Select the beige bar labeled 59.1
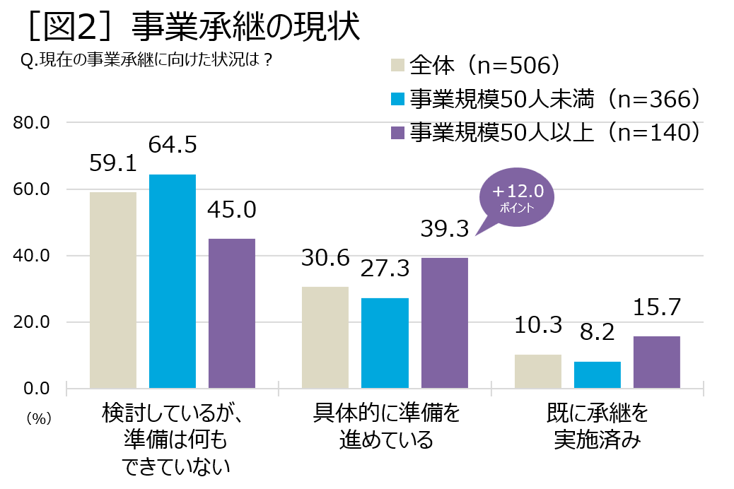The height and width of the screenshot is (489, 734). click(x=113, y=290)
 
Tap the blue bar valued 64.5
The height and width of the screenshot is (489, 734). click(x=173, y=281)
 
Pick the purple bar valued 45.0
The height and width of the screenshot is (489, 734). click(x=232, y=313)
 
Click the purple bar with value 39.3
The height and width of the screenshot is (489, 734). click(x=444, y=322)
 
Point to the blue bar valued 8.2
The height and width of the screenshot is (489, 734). click(x=597, y=375)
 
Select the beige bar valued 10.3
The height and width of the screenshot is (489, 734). click(x=537, y=371)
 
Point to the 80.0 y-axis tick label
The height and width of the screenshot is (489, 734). click(x=32, y=123)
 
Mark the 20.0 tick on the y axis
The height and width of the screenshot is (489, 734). click(x=32, y=322)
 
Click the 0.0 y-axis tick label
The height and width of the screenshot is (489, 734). click(x=35, y=388)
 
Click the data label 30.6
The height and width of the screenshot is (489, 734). click(x=325, y=258)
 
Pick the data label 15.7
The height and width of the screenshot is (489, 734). click(x=657, y=307)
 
